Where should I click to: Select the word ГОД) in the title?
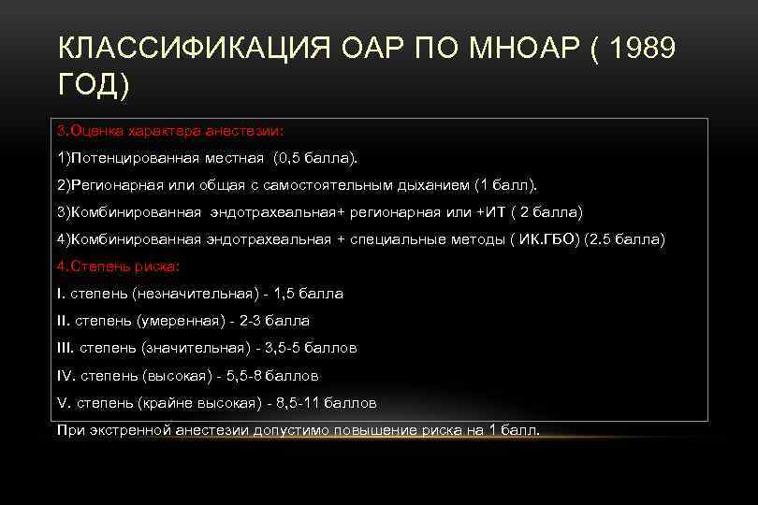pos(94,86)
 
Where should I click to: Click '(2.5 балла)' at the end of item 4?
pos(624,239)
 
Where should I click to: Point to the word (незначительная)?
pos(196,294)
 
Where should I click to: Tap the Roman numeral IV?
pos(66,376)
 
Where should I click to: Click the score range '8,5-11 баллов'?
pos(322,404)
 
